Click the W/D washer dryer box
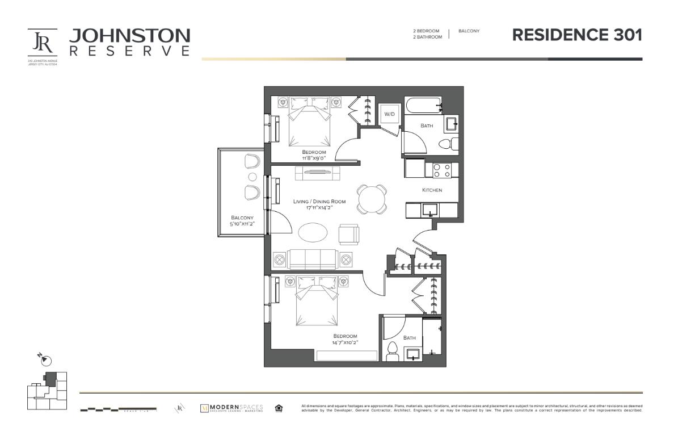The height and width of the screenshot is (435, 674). click(x=389, y=115)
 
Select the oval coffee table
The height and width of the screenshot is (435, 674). click(x=313, y=233)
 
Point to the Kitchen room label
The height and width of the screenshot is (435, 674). click(x=432, y=190)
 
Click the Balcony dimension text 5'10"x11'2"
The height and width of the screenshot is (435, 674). click(x=242, y=224)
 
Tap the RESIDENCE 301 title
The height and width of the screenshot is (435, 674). click(x=577, y=35)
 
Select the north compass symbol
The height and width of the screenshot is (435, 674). click(x=46, y=360)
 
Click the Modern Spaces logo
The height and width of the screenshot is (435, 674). click(x=232, y=408)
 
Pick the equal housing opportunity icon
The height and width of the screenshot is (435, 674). click(x=279, y=408)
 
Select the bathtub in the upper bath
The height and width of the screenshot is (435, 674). click(x=423, y=105)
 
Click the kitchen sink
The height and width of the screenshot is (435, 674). click(x=431, y=210)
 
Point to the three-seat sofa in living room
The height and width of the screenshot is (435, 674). click(x=312, y=259)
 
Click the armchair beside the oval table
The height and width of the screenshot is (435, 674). click(x=348, y=233)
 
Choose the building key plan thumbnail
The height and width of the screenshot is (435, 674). click(x=47, y=390)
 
